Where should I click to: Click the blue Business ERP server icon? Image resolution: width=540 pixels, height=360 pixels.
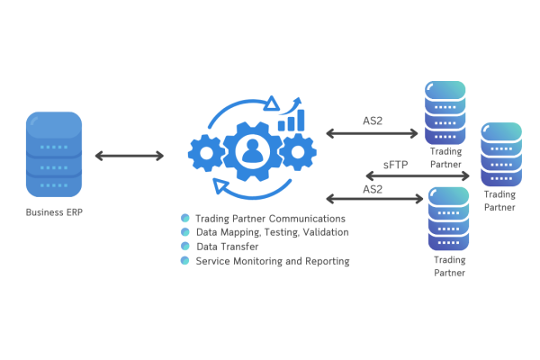click(57, 156)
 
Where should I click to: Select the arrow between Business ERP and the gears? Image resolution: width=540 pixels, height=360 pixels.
click(130, 157)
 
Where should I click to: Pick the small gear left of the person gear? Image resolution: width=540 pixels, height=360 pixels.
click(207, 153)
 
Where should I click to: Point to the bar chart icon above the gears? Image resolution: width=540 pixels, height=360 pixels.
click(291, 121)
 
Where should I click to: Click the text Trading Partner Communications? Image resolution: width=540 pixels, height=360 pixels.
click(270, 219)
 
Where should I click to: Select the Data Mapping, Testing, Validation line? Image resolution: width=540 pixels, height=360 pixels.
click(272, 232)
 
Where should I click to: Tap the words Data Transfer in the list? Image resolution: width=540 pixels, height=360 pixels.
click(227, 246)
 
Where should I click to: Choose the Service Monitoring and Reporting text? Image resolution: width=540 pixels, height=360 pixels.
click(272, 260)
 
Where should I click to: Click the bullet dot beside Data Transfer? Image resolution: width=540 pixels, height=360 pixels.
click(184, 246)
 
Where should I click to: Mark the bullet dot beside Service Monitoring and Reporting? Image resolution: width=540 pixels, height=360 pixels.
click(184, 260)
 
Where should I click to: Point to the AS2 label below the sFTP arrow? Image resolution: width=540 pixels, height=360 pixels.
click(372, 190)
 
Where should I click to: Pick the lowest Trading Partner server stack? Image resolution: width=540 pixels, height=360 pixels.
click(448, 220)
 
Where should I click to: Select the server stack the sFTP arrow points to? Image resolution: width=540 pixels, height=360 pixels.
click(499, 154)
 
